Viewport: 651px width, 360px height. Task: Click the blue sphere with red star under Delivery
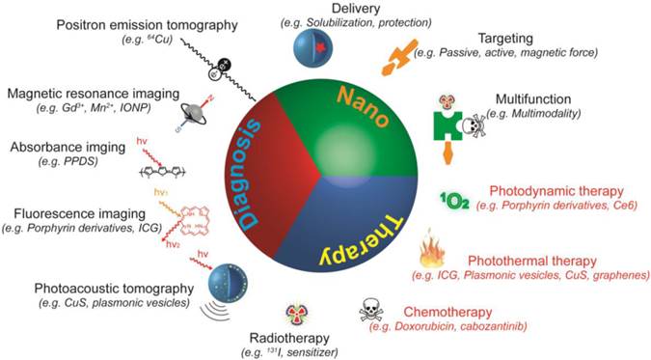point(322,47)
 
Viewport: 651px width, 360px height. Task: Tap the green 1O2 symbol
point(454,201)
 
